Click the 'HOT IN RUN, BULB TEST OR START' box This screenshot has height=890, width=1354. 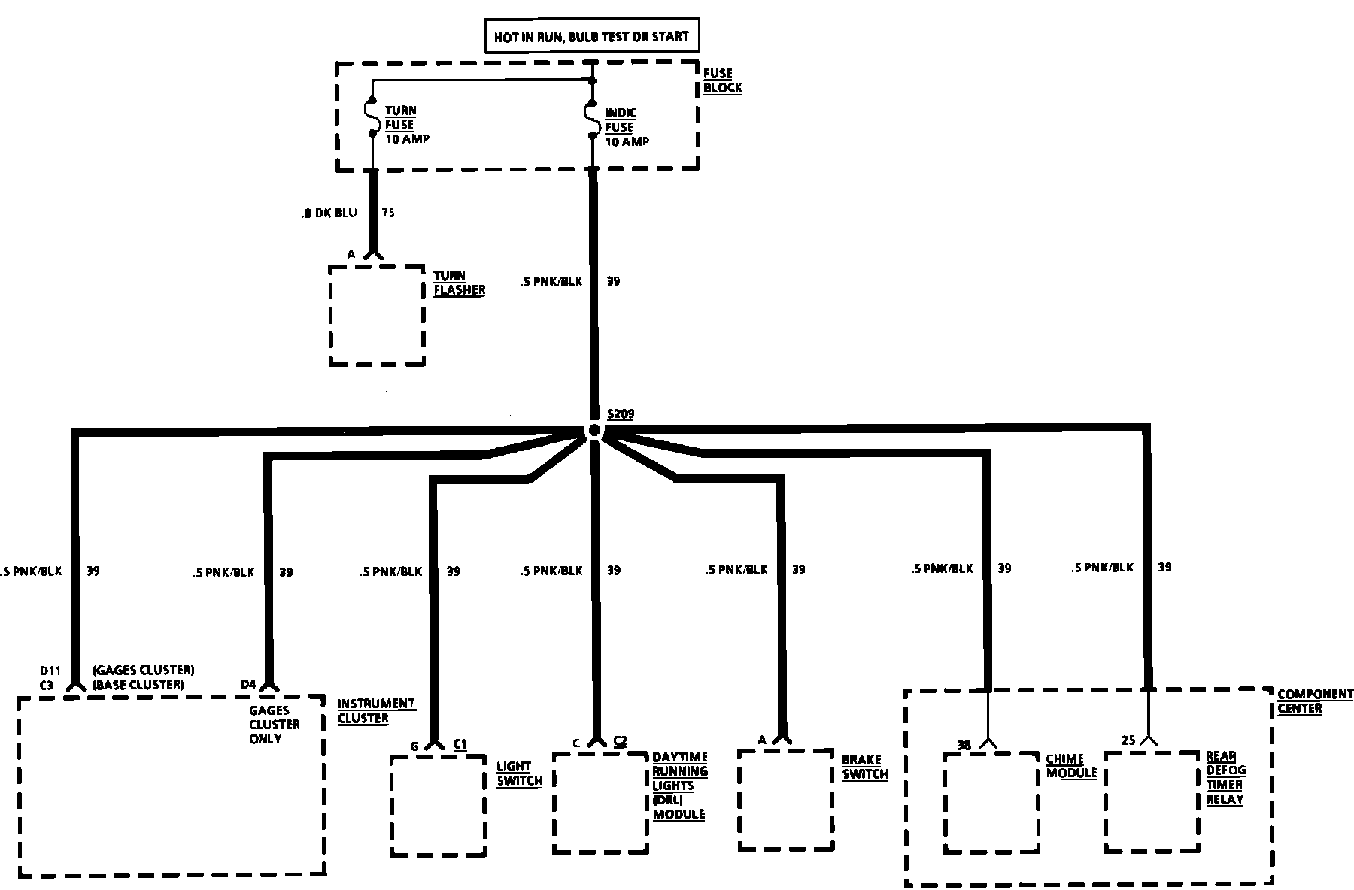590,36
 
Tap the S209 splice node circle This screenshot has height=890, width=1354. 594,430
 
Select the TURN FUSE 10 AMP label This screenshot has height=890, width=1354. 406,125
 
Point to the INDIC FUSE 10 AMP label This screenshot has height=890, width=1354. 626,127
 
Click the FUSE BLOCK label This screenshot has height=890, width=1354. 722,80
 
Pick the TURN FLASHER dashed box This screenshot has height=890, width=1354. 377,315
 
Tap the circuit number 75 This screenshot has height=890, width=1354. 388,213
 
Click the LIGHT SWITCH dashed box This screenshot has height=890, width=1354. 438,806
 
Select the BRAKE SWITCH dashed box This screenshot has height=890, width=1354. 786,800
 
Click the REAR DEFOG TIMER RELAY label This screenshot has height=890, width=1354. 1225,778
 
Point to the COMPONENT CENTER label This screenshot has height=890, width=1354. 1315,701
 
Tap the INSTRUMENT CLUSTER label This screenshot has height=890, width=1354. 375,711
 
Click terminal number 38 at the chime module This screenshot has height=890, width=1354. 964,746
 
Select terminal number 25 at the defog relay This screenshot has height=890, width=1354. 1128,740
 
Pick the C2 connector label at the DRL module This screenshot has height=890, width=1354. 620,741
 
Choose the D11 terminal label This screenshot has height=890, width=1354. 50,671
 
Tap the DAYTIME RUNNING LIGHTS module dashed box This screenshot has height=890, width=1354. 600,803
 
